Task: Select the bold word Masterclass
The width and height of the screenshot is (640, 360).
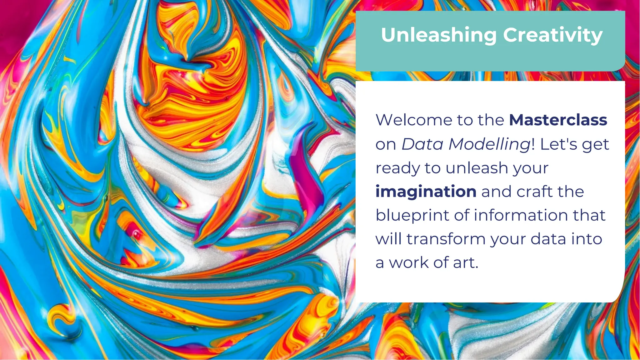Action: pyautogui.click(x=558, y=120)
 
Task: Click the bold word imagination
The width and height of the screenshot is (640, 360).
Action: pyautogui.click(x=426, y=191)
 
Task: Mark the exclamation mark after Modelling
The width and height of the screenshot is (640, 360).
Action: pyautogui.click(x=533, y=144)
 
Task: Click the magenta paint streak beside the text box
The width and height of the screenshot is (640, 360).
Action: pyautogui.click(x=305, y=175)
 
